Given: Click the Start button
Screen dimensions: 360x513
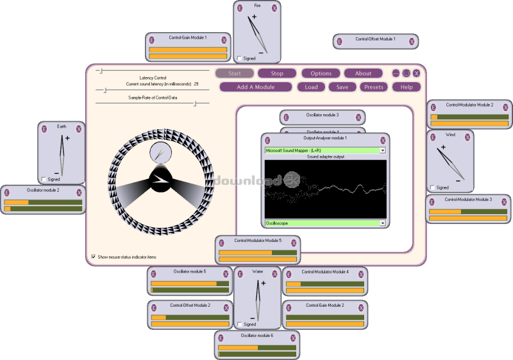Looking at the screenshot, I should pos(235,73).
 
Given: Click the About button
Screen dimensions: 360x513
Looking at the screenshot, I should pos(363,73).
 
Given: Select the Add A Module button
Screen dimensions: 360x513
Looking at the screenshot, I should pos(256,87).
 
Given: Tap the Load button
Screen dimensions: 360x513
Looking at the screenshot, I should pos(311,87).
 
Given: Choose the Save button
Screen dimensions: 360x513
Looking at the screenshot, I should pos(342,87).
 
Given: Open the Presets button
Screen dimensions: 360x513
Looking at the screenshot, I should pos(374,87).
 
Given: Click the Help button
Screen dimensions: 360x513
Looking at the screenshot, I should pos(407,87).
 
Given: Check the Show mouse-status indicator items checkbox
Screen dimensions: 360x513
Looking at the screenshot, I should pos(94,257).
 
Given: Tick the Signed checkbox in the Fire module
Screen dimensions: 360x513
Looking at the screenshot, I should pos(239,58).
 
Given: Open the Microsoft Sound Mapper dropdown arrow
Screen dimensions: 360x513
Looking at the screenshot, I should pos(383,150).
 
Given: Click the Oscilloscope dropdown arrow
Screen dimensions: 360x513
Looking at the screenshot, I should pos(383,223).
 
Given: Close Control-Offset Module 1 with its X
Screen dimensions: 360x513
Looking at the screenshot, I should pos(412,41).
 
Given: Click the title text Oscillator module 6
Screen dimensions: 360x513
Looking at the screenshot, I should pos(257,336).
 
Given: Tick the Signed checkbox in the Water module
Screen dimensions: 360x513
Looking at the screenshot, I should pos(239,324).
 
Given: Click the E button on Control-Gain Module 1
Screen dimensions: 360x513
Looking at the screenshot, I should pos(152,39).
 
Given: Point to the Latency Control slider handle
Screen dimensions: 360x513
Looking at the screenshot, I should pos(99,70).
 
